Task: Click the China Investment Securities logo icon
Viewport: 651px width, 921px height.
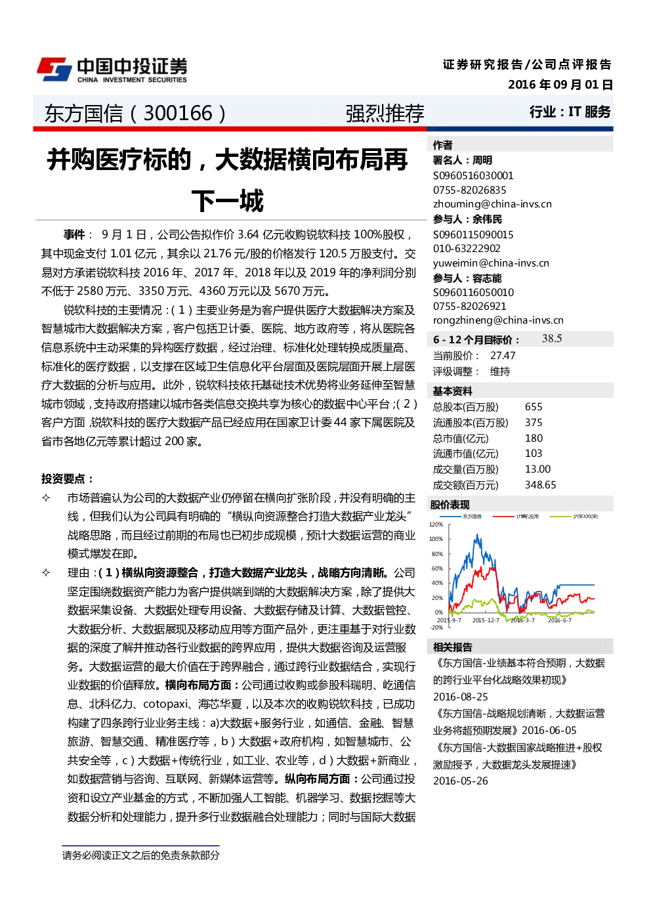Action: coord(54,70)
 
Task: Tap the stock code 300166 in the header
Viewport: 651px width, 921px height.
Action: coord(178,113)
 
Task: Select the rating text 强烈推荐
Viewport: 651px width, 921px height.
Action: coord(385,114)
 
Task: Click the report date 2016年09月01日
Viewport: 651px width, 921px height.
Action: coord(560,85)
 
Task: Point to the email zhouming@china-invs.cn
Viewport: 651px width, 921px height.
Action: coord(492,204)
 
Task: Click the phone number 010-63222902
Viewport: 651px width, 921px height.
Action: coord(467,248)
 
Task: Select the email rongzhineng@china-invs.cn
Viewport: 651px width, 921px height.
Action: coord(498,320)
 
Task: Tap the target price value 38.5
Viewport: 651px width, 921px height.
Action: coord(551,338)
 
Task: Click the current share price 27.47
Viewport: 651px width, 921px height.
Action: coord(503,356)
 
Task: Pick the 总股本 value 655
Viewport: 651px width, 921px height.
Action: coord(534,406)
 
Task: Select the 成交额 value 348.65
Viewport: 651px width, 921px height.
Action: coord(540,485)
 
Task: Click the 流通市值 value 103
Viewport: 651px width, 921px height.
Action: coord(534,454)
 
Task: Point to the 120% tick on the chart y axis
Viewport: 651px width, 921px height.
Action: coord(436,525)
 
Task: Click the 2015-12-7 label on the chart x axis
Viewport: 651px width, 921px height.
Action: coord(486,620)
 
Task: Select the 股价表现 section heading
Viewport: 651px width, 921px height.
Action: coord(450,505)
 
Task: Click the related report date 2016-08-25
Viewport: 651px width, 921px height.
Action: coord(460,697)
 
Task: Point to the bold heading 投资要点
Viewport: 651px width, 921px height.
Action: coord(68,479)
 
